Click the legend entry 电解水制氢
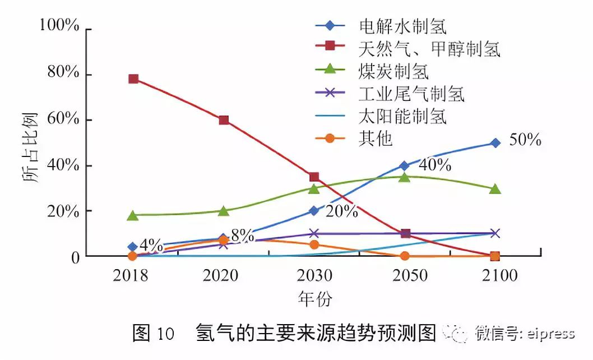tap(402, 26)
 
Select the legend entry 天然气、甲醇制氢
tap(429, 49)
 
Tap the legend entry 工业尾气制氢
tap(411, 94)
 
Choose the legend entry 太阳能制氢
tap(402, 117)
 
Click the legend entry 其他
tap(375, 139)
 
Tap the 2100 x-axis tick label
tap(494, 276)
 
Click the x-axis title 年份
tap(314, 299)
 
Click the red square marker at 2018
tap(133, 79)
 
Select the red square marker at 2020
tap(224, 120)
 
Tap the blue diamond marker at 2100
tap(495, 143)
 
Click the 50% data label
tap(525, 140)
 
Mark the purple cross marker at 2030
tap(314, 233)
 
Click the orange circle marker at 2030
tap(314, 244)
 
